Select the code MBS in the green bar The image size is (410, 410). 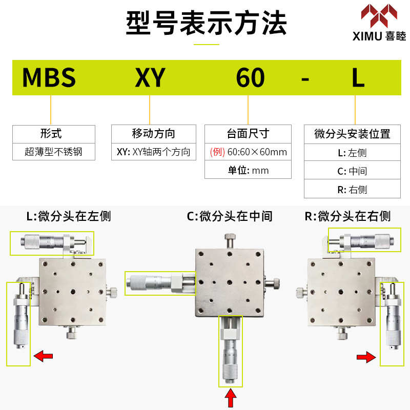pyautogui.click(x=49, y=78)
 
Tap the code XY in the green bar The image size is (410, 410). pyautogui.click(x=150, y=78)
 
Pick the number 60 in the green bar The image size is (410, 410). pyautogui.click(x=250, y=78)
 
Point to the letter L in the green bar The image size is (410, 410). pyautogui.click(x=358, y=78)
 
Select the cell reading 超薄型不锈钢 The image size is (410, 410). pyautogui.click(x=53, y=152)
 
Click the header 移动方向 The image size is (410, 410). pyautogui.click(x=153, y=134)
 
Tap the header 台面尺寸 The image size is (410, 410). pyautogui.click(x=248, y=134)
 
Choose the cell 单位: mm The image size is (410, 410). pyautogui.click(x=248, y=170)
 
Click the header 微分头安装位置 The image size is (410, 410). pyautogui.click(x=352, y=134)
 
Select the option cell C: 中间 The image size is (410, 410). pyautogui.click(x=352, y=171)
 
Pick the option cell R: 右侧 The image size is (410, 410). pyautogui.click(x=352, y=190)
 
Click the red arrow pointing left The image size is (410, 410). pyautogui.click(x=43, y=355)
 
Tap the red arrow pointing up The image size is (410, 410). pyautogui.click(x=231, y=398)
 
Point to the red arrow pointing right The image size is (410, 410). pyautogui.click(x=366, y=357)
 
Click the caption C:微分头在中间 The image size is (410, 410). pyautogui.click(x=229, y=216)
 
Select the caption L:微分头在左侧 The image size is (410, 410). pyautogui.click(x=68, y=216)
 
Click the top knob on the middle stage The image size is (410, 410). pyautogui.click(x=229, y=239)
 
